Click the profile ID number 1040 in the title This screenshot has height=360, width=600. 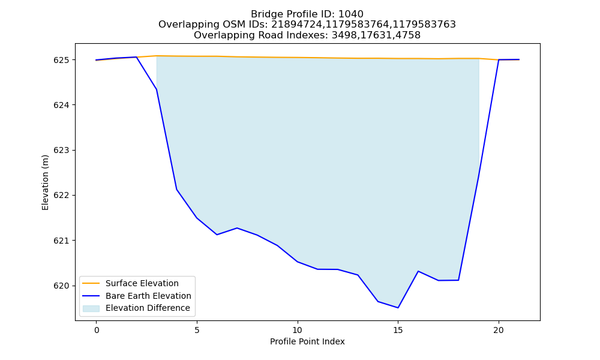click(351, 14)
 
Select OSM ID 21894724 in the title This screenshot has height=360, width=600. click(297, 25)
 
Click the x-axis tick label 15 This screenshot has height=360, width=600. click(398, 330)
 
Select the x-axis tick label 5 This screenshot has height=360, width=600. click(197, 330)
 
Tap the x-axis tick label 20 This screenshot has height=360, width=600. click(499, 330)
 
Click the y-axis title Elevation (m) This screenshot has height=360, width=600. click(46, 182)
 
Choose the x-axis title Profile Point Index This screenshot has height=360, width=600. click(307, 341)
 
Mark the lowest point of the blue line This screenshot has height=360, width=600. click(398, 308)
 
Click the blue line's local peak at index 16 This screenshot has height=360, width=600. click(418, 271)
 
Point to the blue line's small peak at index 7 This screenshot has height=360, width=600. click(237, 228)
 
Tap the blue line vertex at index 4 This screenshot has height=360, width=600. click(176, 190)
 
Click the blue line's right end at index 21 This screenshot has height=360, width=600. click(519, 59)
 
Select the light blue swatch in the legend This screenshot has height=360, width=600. click(91, 308)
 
